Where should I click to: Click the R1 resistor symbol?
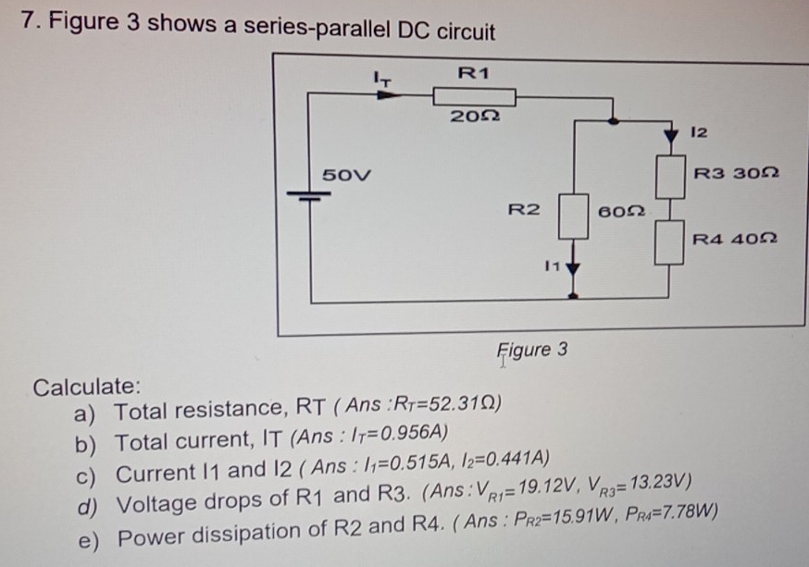click(475, 95)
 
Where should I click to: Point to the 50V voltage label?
click(344, 175)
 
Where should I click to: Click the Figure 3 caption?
click(532, 350)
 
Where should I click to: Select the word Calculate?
click(87, 386)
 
